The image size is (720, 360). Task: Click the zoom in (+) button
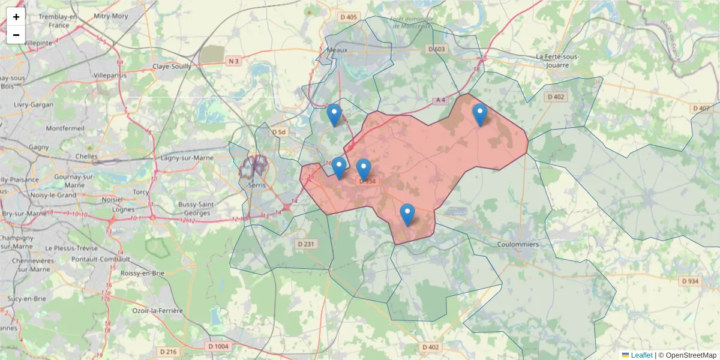(16, 17)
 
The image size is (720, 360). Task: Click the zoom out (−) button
(16, 35)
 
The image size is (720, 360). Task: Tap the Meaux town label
(337, 50)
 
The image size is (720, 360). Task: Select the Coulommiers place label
(518, 245)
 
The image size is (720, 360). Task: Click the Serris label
(256, 185)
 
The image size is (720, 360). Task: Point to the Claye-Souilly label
(172, 67)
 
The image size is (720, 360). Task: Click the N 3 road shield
(233, 61)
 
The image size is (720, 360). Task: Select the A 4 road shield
(441, 100)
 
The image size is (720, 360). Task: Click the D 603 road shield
(437, 49)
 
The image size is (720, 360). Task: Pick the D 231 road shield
(306, 244)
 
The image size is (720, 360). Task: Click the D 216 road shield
(169, 352)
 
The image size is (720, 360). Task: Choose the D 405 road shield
(349, 17)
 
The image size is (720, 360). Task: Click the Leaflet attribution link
(641, 355)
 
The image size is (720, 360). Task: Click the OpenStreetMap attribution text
(687, 355)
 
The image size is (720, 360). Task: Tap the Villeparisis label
(110, 76)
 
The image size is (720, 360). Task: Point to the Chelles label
(86, 156)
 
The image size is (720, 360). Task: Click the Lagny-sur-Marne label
(187, 158)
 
